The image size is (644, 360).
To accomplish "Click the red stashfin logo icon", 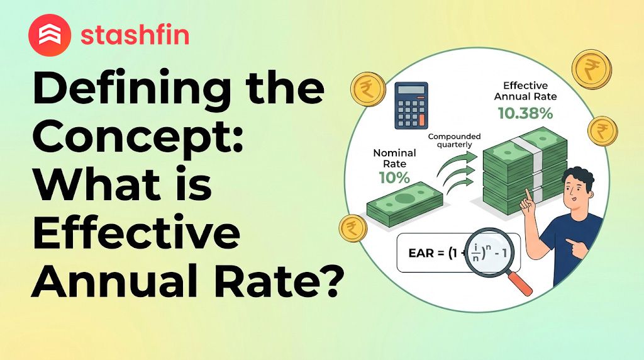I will coord(50,36).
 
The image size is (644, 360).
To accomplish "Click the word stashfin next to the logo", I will coord(135,35).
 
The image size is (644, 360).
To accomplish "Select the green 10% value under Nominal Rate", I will coord(394,177).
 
